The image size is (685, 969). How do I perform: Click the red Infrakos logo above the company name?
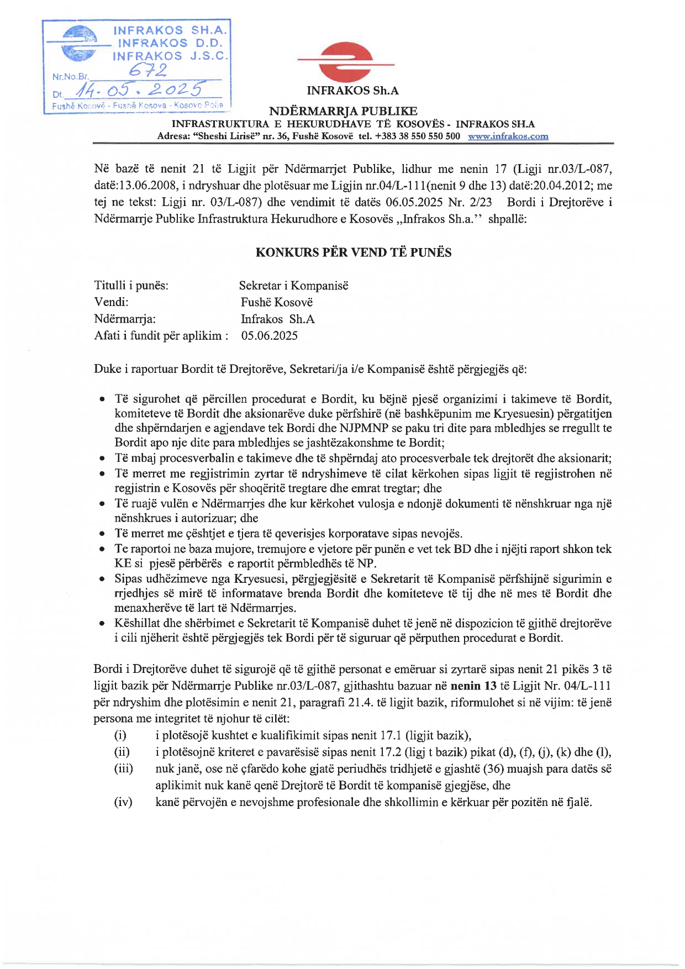click(x=346, y=62)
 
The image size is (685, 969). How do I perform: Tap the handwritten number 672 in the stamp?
click(x=147, y=70)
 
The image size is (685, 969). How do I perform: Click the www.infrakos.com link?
click(x=508, y=136)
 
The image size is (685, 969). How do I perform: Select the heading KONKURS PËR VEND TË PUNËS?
click(x=353, y=252)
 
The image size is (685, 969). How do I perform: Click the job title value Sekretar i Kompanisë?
click(x=293, y=286)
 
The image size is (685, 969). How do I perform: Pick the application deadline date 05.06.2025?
click(x=269, y=335)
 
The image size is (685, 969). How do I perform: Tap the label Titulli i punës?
click(x=131, y=286)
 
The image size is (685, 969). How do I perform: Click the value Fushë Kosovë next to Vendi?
click(x=277, y=302)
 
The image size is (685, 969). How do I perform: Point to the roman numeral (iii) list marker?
click(x=123, y=768)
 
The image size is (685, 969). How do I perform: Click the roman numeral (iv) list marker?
click(x=123, y=802)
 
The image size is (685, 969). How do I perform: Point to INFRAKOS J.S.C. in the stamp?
click(x=170, y=56)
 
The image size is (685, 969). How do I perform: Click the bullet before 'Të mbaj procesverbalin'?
click(x=102, y=459)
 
